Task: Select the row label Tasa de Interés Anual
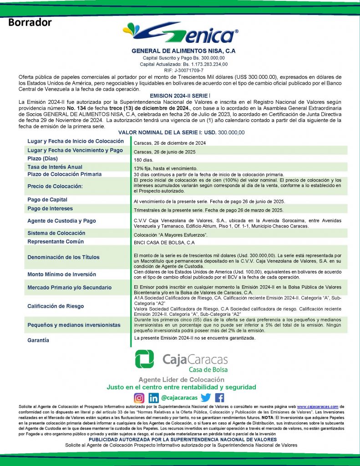55,167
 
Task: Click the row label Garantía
38,340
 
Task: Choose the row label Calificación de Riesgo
56,306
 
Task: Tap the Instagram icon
139,397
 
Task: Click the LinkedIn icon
154,397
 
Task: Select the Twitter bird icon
206,397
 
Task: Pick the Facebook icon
219,397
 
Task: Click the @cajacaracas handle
179,397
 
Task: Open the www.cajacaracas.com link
318,406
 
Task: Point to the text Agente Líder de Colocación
182,380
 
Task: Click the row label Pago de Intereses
50,208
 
